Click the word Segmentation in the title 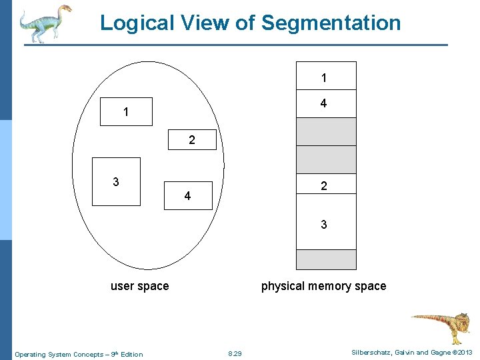[x=331, y=23]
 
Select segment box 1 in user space [x=126, y=112]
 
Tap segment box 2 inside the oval [x=192, y=140]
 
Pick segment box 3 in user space [x=116, y=181]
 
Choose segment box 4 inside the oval [x=188, y=195]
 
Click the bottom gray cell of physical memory [x=325, y=259]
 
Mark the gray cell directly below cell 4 [x=325, y=131]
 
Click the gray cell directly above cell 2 [x=325, y=159]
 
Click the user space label [x=139, y=286]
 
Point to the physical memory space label [x=323, y=286]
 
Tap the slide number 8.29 [x=235, y=353]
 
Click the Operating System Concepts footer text [x=79, y=354]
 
